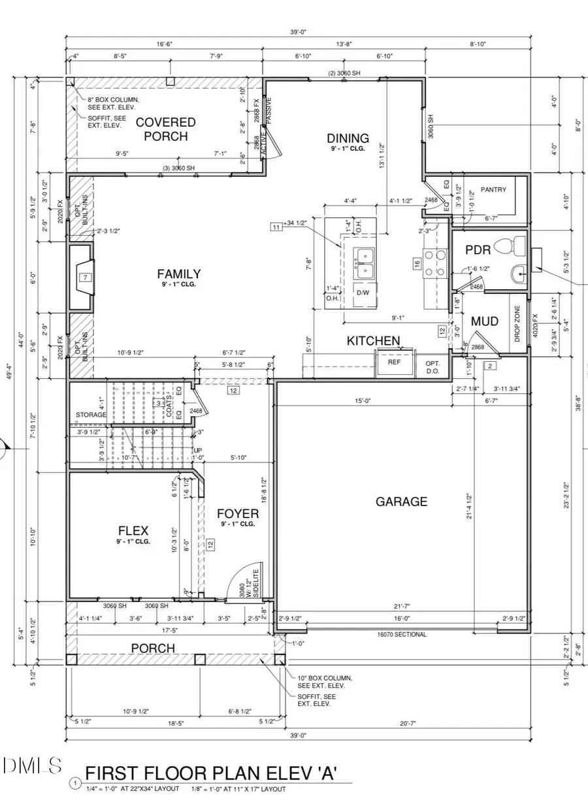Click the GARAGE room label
(x=401, y=502)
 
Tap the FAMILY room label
(x=178, y=274)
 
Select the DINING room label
(x=348, y=138)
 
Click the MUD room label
(x=485, y=321)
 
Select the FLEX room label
(x=133, y=530)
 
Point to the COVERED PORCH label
(x=165, y=129)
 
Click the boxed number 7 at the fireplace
(x=85, y=278)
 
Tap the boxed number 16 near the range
(x=416, y=263)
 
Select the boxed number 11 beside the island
(x=276, y=227)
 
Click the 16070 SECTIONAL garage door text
(x=401, y=634)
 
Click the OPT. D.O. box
(x=433, y=367)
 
